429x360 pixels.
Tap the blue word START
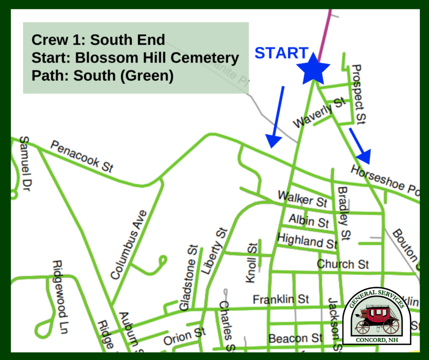tap(281, 53)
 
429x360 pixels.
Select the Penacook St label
tap(81, 157)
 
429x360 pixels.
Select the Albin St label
tap(309, 221)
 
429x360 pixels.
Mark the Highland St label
tap(307, 240)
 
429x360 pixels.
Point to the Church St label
tap(343, 264)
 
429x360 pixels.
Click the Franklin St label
tap(281, 299)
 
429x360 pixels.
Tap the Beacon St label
tap(296, 338)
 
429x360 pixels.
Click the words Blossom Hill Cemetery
tap(157, 58)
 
